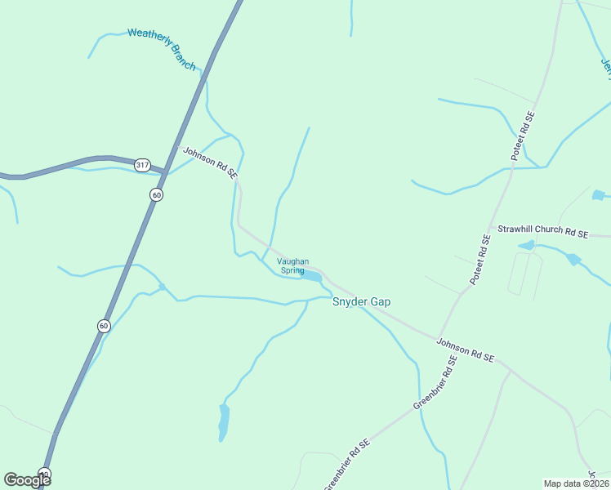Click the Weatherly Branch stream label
pyautogui.click(x=162, y=48)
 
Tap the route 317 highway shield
pyautogui.click(x=143, y=165)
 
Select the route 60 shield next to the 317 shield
pyautogui.click(x=156, y=194)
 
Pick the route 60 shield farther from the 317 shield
pyautogui.click(x=104, y=326)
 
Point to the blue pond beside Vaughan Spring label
pyautogui.click(x=311, y=276)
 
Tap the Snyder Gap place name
pyautogui.click(x=361, y=301)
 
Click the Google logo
pyautogui.click(x=27, y=479)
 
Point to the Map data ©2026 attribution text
pyautogui.click(x=576, y=483)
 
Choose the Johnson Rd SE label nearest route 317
pyautogui.click(x=210, y=163)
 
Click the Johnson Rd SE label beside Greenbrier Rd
pyautogui.click(x=466, y=350)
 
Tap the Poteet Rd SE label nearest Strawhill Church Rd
pyautogui.click(x=480, y=260)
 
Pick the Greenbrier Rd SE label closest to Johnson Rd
pyautogui.click(x=433, y=389)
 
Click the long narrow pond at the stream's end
pyautogui.click(x=224, y=422)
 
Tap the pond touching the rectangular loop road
pyautogui.click(x=527, y=245)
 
